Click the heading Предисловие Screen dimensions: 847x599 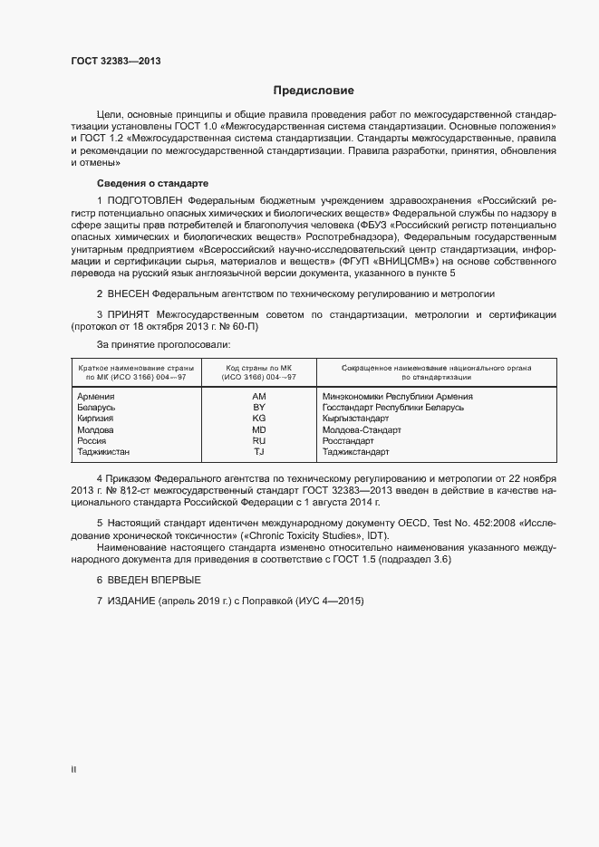click(314, 91)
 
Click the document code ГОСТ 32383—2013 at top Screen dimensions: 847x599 click(117, 61)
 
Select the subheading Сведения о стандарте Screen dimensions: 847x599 click(140, 184)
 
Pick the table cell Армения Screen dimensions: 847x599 click(96, 397)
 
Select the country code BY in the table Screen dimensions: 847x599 click(258, 408)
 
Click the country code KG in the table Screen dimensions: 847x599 click(258, 419)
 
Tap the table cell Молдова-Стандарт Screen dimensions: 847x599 click(362, 429)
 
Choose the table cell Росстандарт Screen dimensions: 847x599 click(348, 440)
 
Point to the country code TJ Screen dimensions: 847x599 click(258, 451)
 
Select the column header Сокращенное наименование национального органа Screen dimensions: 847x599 click(436, 368)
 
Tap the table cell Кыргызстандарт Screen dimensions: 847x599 click(356, 419)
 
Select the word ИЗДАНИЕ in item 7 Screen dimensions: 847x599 click(131, 602)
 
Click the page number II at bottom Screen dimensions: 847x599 click(73, 770)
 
